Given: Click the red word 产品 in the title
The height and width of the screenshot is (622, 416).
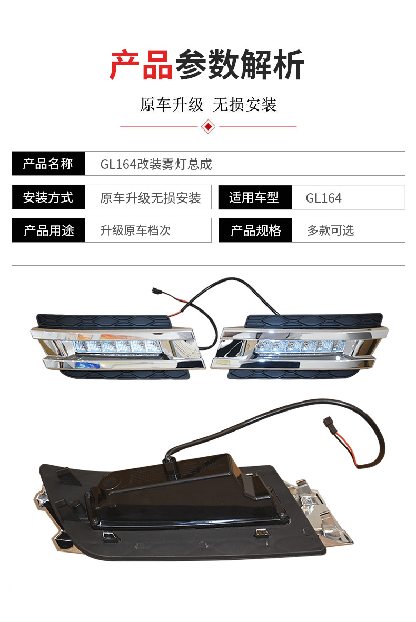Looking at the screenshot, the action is [x=141, y=65].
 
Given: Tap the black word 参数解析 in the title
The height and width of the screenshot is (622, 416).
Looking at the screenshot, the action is [x=240, y=65].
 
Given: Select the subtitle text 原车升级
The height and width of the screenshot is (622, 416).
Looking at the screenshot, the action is [x=172, y=105].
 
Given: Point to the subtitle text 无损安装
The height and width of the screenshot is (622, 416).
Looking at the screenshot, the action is [x=244, y=105].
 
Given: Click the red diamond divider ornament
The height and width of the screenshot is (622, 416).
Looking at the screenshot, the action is [x=209, y=126].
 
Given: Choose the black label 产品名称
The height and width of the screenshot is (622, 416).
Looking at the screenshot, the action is [x=48, y=164].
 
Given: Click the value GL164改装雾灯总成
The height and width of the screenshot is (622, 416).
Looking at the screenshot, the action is [x=156, y=164].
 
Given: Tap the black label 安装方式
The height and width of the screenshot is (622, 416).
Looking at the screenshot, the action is [x=48, y=197].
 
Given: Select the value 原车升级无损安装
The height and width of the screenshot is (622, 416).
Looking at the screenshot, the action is [x=151, y=197].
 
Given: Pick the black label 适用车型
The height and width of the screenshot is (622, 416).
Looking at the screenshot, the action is [x=254, y=197].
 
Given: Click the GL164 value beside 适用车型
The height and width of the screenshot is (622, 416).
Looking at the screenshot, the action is [x=323, y=198].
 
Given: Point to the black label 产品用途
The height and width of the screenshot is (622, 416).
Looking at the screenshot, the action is [x=49, y=230].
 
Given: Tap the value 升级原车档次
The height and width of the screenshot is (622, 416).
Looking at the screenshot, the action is [x=135, y=230].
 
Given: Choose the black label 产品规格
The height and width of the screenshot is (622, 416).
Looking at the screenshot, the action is [x=255, y=230].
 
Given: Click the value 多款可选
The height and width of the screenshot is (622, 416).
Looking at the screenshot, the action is [x=330, y=230].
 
